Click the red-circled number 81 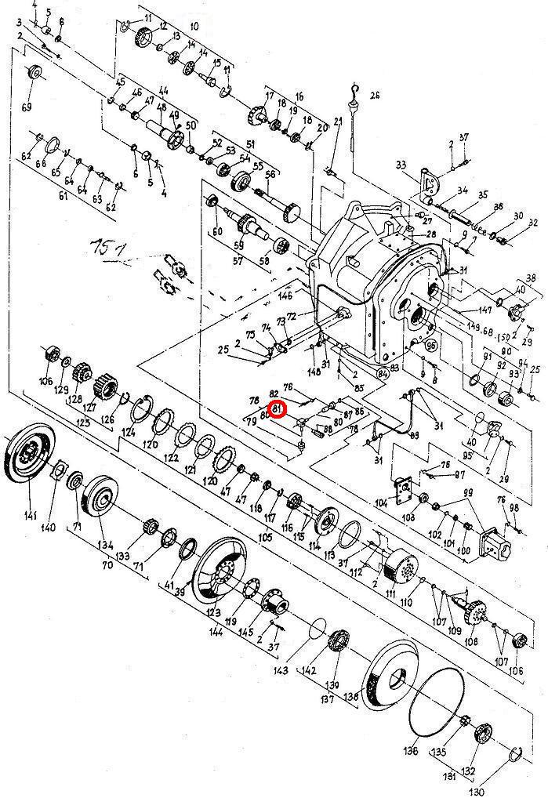277,408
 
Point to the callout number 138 350,695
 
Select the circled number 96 430,345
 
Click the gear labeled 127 103,386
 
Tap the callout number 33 401,165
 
